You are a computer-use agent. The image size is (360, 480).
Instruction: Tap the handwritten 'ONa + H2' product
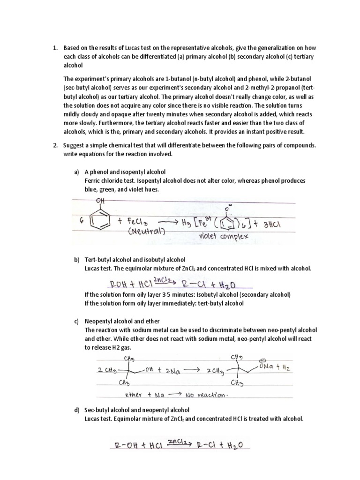click(273, 368)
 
